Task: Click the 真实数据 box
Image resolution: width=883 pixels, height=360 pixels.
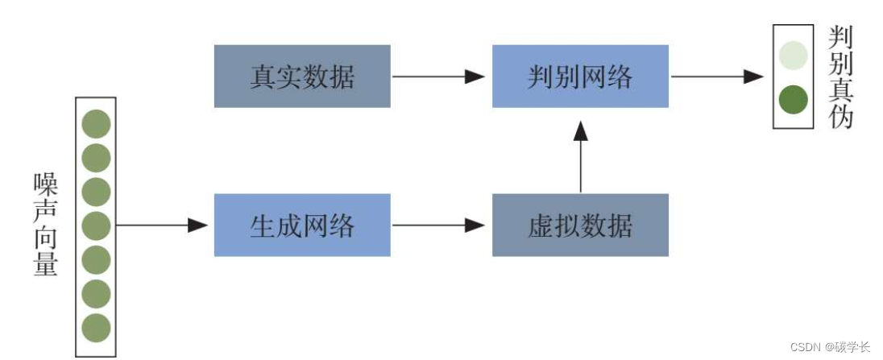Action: [x=302, y=77]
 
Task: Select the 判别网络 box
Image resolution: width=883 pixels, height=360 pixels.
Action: [x=580, y=77]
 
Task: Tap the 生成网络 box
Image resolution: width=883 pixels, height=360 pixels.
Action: [x=302, y=226]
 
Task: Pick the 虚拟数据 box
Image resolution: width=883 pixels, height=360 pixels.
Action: [x=580, y=226]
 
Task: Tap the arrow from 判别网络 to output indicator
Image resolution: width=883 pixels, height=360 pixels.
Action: [x=717, y=77]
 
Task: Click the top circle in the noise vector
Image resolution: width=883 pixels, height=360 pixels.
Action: [x=96, y=125]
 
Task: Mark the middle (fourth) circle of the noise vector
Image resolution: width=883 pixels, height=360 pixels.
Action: [x=96, y=226]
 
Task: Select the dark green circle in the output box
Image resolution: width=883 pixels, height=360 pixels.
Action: [x=794, y=99]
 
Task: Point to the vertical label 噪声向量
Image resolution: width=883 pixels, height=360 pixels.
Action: [x=46, y=226]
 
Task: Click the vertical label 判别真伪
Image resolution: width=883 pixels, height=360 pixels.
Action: [x=840, y=77]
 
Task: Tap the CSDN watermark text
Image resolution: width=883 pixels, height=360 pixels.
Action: [x=830, y=347]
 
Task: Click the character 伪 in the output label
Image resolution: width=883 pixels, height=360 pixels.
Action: [x=840, y=118]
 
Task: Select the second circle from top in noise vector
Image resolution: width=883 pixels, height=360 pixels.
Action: [x=96, y=159]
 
